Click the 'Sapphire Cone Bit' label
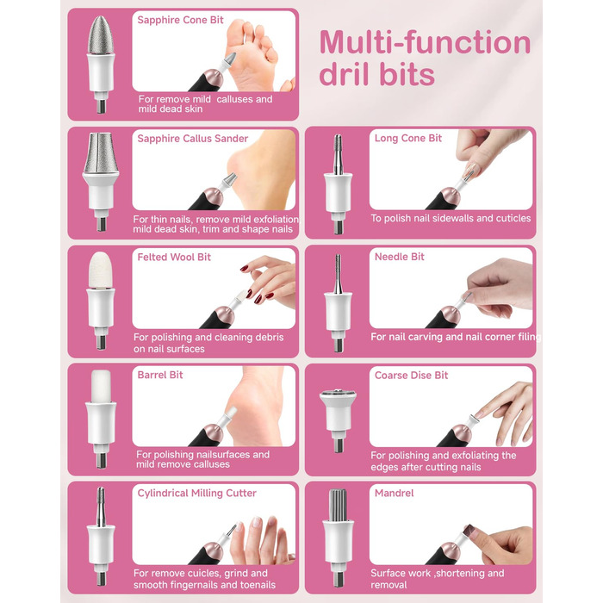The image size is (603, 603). coord(180,20)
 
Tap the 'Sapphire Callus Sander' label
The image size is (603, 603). coord(193,139)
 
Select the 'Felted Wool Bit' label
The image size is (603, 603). coord(174,257)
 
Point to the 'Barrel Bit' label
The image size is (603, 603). coord(160,375)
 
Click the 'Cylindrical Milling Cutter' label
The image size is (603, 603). coord(196,494)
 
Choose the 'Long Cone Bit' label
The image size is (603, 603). coord(408,138)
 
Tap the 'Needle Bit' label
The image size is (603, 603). coord(399,257)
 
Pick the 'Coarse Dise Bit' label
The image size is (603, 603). coord(411,375)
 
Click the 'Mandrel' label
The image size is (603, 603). coord(395,493)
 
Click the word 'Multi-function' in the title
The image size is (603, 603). coord(425,42)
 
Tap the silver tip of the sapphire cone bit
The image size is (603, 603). coord(101,34)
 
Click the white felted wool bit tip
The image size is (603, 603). coord(101,270)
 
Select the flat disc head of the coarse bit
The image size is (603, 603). coord(338,395)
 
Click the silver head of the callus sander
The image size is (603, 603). coord(101,152)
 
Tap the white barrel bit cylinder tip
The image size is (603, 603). coord(101,386)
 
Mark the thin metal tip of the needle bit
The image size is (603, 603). coord(338,273)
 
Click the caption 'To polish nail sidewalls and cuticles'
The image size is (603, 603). coord(451,219)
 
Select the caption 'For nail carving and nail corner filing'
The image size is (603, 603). coord(456,337)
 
